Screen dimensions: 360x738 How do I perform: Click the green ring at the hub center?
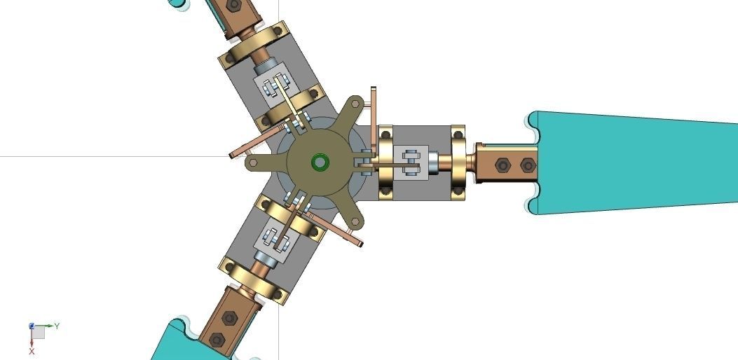pos(320,162)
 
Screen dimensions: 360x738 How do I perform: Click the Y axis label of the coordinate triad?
pos(57,326)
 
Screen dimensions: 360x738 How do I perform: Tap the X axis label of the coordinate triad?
pos(32,352)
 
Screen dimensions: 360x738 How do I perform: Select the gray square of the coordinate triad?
pos(39,333)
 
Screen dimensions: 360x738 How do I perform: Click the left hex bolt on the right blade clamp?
pos(502,165)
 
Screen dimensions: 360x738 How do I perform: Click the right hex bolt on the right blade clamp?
pos(527,165)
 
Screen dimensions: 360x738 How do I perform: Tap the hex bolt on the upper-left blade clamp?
pos(234,6)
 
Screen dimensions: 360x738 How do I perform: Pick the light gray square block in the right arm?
pos(411,162)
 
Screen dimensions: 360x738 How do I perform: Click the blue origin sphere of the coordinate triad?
pos(32,326)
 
